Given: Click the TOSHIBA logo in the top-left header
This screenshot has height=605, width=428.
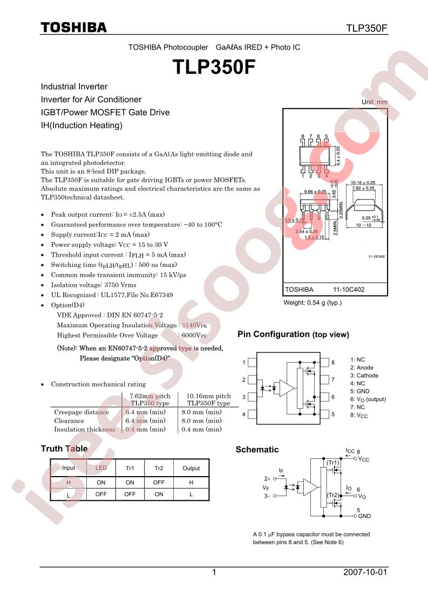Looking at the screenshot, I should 74,28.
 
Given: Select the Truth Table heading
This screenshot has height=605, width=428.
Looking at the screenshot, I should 64,449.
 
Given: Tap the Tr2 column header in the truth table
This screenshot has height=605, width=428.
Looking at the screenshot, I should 159,468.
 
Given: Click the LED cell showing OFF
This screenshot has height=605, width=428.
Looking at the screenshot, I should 101,494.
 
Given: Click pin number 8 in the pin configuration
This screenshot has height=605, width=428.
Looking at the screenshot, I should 333,362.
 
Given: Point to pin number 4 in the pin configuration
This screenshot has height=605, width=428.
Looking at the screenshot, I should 244,414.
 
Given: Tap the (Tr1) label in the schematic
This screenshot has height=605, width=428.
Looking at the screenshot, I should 332,463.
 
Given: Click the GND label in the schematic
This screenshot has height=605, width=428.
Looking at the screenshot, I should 365,516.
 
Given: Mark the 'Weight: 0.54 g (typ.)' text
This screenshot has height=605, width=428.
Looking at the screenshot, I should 312,302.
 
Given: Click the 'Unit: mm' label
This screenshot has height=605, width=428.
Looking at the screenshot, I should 375,102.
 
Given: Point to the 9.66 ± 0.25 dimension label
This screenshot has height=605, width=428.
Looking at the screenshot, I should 316,191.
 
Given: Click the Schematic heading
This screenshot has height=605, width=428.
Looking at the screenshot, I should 257,449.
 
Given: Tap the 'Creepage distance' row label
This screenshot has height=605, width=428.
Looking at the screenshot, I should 81,412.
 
